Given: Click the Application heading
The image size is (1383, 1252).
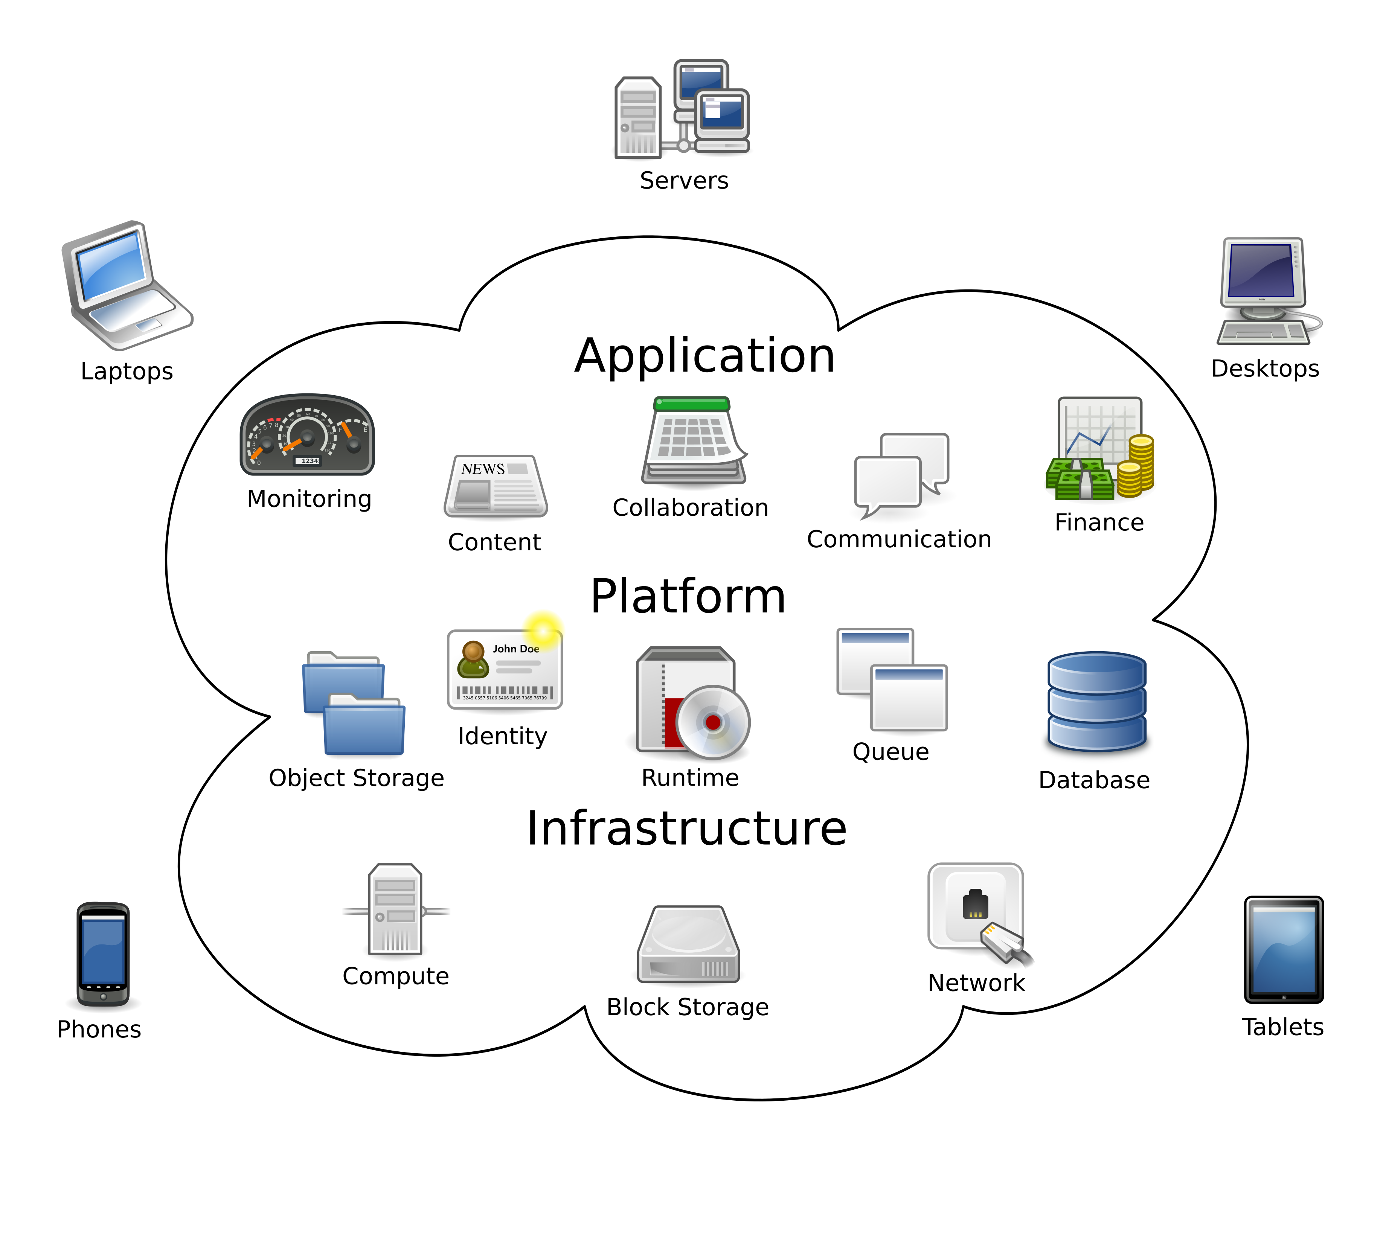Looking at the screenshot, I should coord(704,356).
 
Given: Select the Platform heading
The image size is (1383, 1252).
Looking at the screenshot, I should coord(688,597).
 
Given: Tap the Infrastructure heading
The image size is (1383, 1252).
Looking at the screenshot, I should coord(687,829).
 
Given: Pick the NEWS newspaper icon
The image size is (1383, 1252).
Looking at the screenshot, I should coord(495,486).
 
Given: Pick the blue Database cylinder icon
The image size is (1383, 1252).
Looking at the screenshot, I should coord(1096,701).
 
